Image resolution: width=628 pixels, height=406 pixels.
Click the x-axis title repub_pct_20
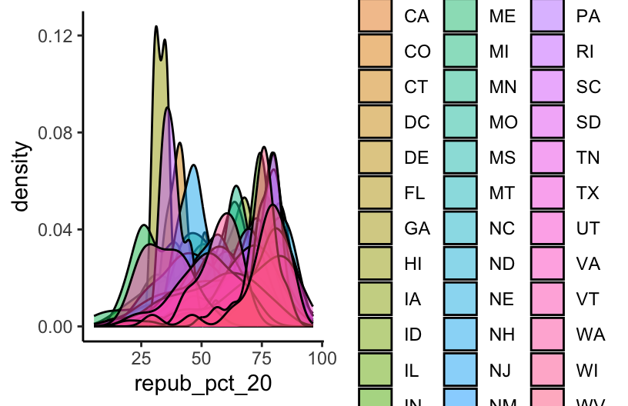(x=203, y=383)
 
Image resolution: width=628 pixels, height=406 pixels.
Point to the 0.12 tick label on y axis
(x=55, y=36)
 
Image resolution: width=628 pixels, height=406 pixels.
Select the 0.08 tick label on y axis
(x=55, y=133)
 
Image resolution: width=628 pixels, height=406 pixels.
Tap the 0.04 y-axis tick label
(x=55, y=229)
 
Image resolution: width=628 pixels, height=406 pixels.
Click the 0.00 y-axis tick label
(x=55, y=326)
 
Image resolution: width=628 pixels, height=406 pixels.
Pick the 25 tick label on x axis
(x=141, y=358)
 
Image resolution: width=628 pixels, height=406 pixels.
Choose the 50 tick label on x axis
(x=202, y=358)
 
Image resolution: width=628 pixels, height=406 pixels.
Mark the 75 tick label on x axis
(x=262, y=358)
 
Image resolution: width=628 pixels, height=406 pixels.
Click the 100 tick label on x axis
(x=322, y=358)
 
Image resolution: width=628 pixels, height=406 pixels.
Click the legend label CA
(x=417, y=17)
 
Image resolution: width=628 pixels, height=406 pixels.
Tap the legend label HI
(x=413, y=264)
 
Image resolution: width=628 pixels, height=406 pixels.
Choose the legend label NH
(x=503, y=334)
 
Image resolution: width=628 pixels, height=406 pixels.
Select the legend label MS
(x=504, y=158)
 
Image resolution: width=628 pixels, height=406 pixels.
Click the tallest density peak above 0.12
(x=156, y=27)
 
